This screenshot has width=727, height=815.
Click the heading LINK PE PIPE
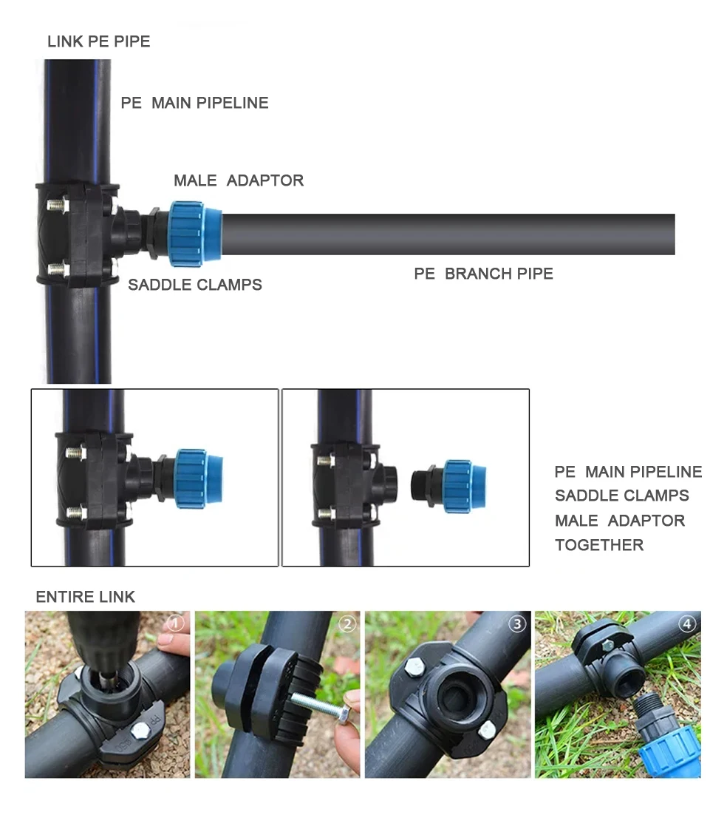pyautogui.click(x=98, y=41)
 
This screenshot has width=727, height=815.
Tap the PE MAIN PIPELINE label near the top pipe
pyautogui.click(x=194, y=103)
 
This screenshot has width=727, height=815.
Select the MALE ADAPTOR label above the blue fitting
pyautogui.click(x=238, y=180)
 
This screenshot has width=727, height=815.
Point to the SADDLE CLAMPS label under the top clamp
pyautogui.click(x=194, y=285)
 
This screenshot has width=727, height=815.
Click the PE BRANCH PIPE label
pyautogui.click(x=483, y=274)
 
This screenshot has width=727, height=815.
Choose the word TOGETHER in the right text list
pyautogui.click(x=598, y=545)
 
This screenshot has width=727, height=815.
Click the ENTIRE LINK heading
pyautogui.click(x=86, y=597)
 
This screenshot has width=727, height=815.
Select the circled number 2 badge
pyautogui.click(x=347, y=624)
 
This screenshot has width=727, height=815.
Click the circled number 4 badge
pyautogui.click(x=687, y=624)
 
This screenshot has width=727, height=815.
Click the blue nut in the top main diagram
pyautogui.click(x=194, y=234)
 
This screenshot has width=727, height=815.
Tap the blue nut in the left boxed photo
pyautogui.click(x=198, y=477)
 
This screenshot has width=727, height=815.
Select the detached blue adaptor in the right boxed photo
pyautogui.click(x=451, y=485)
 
